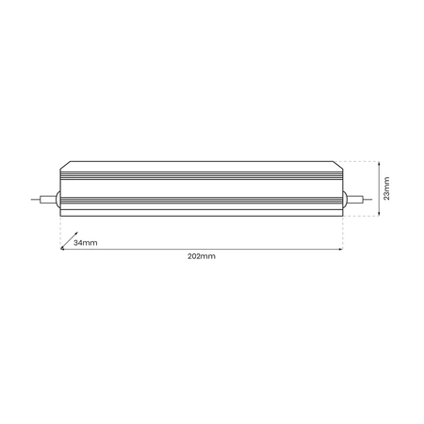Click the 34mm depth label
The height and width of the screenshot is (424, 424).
85,243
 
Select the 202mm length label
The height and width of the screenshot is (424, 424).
203,255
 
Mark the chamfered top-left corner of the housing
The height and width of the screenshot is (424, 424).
63,168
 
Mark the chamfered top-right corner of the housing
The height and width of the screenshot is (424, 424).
341,168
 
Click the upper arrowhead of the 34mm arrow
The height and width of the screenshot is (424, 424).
74,236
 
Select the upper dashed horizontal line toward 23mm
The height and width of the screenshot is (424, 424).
363,163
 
